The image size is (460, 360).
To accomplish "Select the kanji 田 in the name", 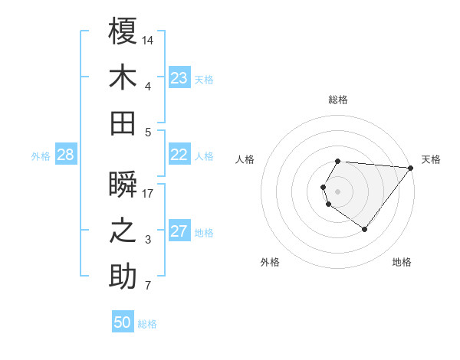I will [x=123, y=123].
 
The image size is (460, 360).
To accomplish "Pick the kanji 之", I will [x=123, y=231].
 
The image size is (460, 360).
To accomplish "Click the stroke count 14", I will [x=148, y=39].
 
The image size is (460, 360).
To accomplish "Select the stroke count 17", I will [x=148, y=193].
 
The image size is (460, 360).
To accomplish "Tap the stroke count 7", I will [x=148, y=286].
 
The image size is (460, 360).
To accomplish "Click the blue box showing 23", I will [x=179, y=78].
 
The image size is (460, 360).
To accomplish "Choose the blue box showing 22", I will [x=179, y=155].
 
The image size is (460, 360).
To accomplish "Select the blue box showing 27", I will [x=179, y=231].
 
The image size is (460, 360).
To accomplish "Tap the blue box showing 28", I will [x=65, y=155].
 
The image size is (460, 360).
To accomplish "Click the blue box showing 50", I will [x=123, y=322].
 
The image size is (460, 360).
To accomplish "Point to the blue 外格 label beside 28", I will [x=41, y=156].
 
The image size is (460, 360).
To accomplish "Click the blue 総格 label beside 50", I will [x=147, y=324].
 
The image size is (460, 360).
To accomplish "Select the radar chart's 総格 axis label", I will [x=337, y=100].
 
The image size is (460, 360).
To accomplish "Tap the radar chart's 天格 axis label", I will [x=431, y=159].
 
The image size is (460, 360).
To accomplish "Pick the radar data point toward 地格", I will [x=364, y=229].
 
